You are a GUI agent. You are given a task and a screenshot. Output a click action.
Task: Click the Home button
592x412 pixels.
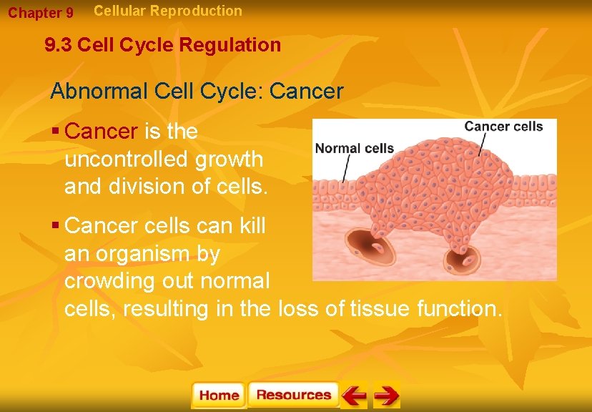pyautogui.click(x=219, y=396)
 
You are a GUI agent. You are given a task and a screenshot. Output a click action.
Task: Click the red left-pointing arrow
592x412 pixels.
pyautogui.click(x=354, y=396)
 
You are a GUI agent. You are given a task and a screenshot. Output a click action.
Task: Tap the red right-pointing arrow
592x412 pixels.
pyautogui.click(x=386, y=396)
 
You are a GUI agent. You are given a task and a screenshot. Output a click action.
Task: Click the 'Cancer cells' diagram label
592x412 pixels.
pyautogui.click(x=503, y=127)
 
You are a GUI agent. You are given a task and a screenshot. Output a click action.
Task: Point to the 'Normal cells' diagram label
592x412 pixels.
pyautogui.click(x=355, y=149)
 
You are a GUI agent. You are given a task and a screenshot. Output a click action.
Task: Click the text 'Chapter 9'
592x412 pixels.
pyautogui.click(x=41, y=13)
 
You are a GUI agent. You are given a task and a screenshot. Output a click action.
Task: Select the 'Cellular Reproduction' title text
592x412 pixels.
pyautogui.click(x=168, y=11)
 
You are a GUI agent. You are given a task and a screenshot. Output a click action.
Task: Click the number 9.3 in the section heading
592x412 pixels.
pyautogui.click(x=59, y=46)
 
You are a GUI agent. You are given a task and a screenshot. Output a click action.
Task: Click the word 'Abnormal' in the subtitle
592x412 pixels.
pyautogui.click(x=93, y=92)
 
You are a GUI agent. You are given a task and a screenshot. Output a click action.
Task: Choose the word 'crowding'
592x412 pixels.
pyautogui.click(x=110, y=281)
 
